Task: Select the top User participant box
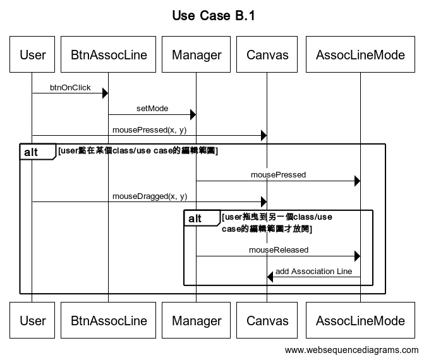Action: [x=33, y=55]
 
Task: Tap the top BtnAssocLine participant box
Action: [x=109, y=55]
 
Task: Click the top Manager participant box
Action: [x=197, y=55]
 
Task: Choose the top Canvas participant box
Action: [x=267, y=55]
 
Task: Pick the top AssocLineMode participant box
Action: [x=360, y=55]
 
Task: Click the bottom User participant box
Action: [x=33, y=320]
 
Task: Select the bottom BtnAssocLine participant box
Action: [x=109, y=320]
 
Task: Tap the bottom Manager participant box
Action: [x=197, y=320]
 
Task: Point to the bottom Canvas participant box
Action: [x=267, y=320]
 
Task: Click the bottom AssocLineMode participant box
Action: [x=360, y=320]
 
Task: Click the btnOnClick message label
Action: [x=70, y=87]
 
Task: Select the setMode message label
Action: [x=152, y=109]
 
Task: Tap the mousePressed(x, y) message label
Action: [x=150, y=130]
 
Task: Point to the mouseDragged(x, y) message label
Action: [x=150, y=196]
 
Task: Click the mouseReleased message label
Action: [x=279, y=250]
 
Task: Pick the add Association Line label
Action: [x=313, y=272]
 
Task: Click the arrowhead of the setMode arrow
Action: [x=193, y=114]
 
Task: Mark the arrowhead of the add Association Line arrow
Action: [x=270, y=277]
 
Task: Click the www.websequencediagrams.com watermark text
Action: [x=351, y=350]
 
